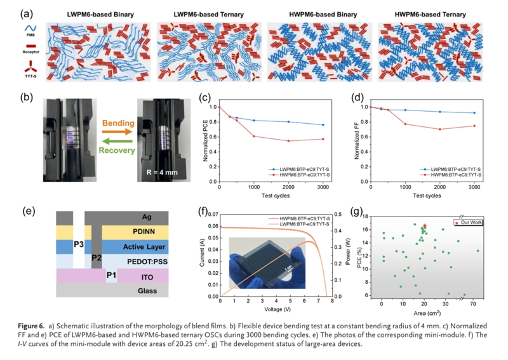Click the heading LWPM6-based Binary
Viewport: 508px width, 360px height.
pyautogui.click(x=100, y=15)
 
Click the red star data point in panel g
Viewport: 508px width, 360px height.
pyautogui.click(x=424, y=226)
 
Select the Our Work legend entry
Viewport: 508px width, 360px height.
pyautogui.click(x=469, y=222)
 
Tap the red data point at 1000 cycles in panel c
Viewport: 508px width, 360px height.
pyautogui.click(x=254, y=137)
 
